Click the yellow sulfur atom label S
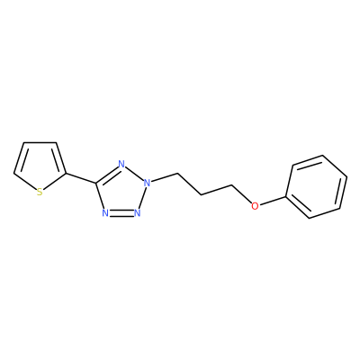pyautogui.click(x=40, y=192)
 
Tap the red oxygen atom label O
pyautogui.click(x=255, y=206)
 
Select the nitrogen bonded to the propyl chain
pyautogui.click(x=147, y=182)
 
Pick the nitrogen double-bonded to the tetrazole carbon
pyautogui.click(x=121, y=164)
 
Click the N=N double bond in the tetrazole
pyautogui.click(x=121, y=212)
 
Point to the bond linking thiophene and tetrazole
pyautogui.click(x=81, y=178)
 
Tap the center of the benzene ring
pyautogui.click(x=317, y=186)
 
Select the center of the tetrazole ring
pyautogui.click(x=122, y=191)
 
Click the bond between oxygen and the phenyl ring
pyautogui.click(x=273, y=202)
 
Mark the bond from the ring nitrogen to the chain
pyautogui.click(x=164, y=177)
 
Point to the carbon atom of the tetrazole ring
pyautogui.click(x=96, y=184)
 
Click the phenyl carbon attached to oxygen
pyautogui.click(x=286, y=197)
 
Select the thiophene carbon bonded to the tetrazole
pyautogui.click(x=66, y=173)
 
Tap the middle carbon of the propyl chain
pyautogui.click(x=202, y=195)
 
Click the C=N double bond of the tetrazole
pyautogui.click(x=107, y=175)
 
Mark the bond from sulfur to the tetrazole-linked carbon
pyautogui.click(x=55, y=181)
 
